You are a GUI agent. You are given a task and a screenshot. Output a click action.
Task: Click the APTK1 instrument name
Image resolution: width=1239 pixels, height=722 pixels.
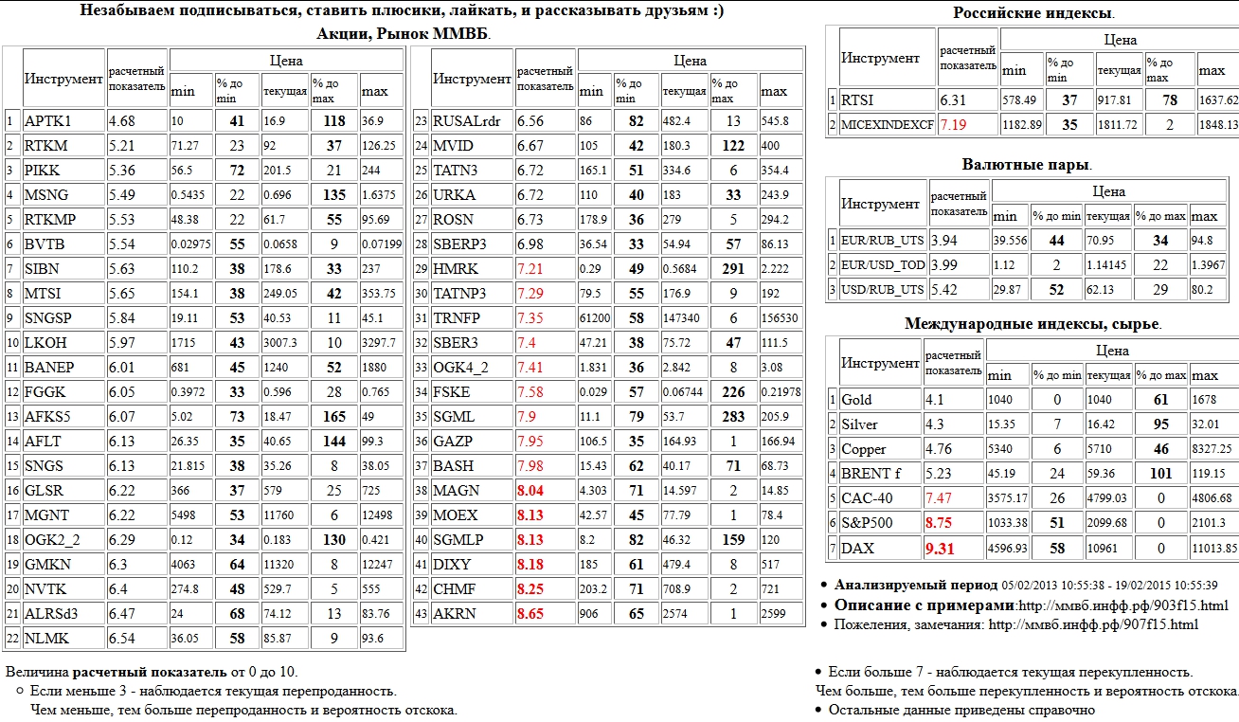click(x=48, y=121)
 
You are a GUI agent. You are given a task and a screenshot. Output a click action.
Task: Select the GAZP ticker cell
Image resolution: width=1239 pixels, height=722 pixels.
click(x=454, y=442)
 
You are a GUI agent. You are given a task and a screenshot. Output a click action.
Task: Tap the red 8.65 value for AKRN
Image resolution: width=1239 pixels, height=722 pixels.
click(x=530, y=614)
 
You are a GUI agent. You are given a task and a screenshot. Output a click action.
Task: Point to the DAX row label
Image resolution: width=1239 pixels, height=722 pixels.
click(x=858, y=548)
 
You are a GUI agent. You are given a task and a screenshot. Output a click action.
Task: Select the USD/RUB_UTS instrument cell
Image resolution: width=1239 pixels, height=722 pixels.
click(x=882, y=289)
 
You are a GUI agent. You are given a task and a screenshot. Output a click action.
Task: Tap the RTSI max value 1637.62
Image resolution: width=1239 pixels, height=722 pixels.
click(x=1218, y=100)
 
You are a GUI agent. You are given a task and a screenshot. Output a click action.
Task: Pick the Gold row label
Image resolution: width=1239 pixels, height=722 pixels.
click(x=857, y=400)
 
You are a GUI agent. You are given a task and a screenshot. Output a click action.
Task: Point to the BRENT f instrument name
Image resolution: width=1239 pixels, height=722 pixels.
click(x=871, y=474)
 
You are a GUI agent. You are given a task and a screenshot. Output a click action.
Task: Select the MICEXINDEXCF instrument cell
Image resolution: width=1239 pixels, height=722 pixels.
click(x=887, y=125)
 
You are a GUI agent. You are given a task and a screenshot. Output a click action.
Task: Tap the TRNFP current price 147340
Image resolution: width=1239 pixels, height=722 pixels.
click(x=682, y=318)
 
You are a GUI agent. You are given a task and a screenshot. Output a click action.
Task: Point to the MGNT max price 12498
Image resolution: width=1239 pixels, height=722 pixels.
click(x=380, y=515)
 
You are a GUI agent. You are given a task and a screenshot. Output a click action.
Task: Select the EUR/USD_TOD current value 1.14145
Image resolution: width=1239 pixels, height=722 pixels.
click(x=1105, y=264)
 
